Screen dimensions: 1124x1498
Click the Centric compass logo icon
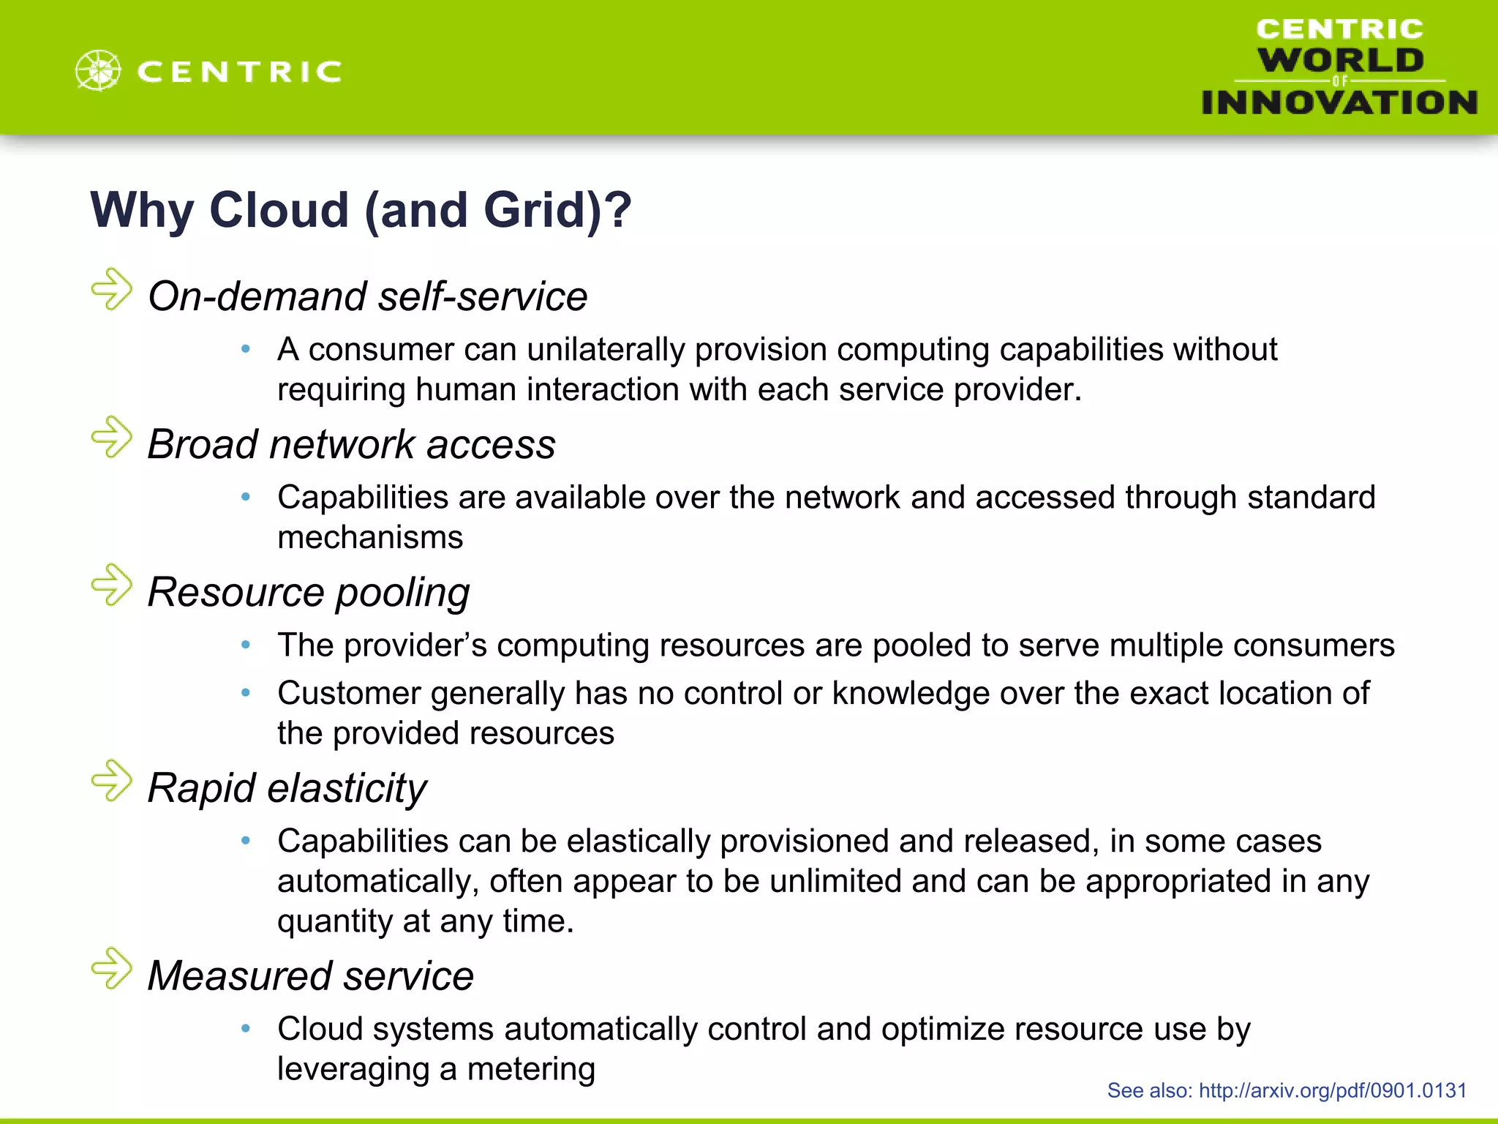[x=98, y=71]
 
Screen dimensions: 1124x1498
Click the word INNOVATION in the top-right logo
[x=1339, y=102]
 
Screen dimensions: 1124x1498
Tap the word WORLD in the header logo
[x=1341, y=60]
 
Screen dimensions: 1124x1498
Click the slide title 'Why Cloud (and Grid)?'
[x=361, y=210]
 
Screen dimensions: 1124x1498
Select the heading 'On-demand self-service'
[x=367, y=296]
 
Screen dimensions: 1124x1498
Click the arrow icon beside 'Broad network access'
[x=112, y=438]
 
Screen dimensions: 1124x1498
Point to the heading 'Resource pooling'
[x=308, y=592]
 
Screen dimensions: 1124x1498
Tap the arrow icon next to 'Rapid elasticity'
[x=112, y=781]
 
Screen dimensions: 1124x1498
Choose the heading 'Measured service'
[x=310, y=976]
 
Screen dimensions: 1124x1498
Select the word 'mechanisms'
[x=370, y=537]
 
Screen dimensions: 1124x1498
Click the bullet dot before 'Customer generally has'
[x=246, y=692]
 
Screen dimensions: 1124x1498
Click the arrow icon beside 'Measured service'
[x=112, y=969]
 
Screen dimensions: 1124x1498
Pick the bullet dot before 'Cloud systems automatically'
[x=246, y=1029]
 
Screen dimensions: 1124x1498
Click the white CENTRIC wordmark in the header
[x=239, y=72]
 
